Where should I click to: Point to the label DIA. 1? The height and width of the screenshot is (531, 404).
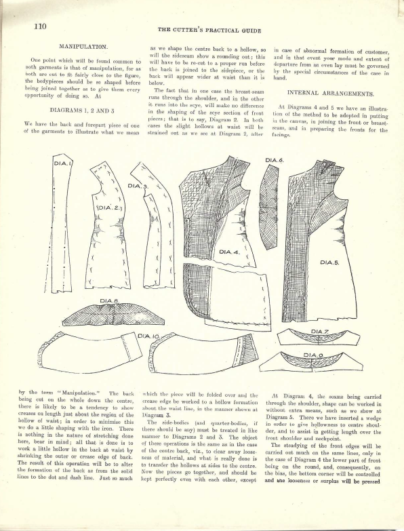click(x=62, y=163)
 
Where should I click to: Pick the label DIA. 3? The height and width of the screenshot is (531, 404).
click(x=136, y=186)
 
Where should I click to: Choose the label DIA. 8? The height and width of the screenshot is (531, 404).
click(x=110, y=300)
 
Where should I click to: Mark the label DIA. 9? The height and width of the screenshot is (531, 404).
click(x=312, y=355)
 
